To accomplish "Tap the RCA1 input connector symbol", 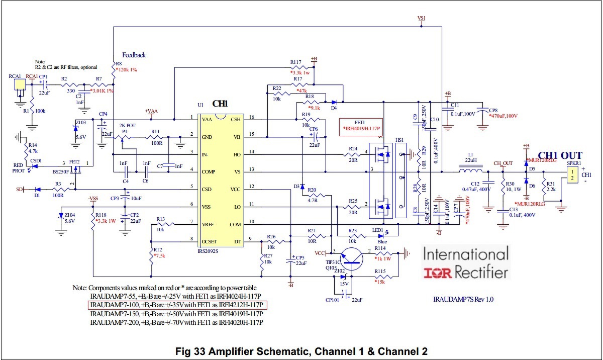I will click(x=19, y=85).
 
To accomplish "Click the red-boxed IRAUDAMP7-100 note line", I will click(x=178, y=305).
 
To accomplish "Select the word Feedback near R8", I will click(x=134, y=55).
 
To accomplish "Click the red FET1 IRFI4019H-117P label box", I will click(x=361, y=125).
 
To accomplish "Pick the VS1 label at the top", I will click(x=422, y=18).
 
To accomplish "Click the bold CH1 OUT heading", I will click(x=560, y=155).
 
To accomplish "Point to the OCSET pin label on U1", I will click(x=209, y=241).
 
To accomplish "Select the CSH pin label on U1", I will click(x=235, y=119).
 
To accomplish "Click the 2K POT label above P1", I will click(x=128, y=125).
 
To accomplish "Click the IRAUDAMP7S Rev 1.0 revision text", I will click(x=463, y=299).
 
